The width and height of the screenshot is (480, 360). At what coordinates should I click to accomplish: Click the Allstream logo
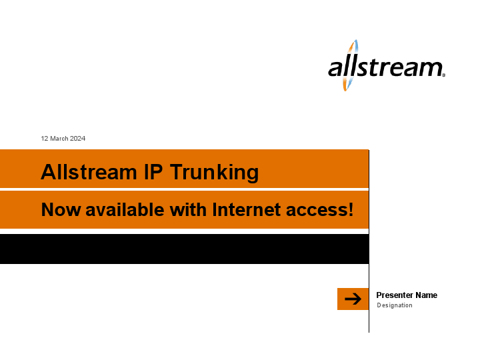tap(385, 67)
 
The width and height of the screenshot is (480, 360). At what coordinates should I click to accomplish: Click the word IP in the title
tap(153, 172)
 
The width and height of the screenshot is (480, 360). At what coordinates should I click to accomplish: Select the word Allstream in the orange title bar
tap(89, 172)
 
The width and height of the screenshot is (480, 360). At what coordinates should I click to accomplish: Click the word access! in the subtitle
tap(319, 209)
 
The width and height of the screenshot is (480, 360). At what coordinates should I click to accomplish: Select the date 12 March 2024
tap(63, 139)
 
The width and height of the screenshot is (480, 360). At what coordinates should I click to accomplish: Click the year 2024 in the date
tap(77, 139)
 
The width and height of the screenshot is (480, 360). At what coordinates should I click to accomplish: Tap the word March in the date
tap(59, 139)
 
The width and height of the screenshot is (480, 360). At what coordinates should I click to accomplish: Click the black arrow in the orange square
tap(353, 299)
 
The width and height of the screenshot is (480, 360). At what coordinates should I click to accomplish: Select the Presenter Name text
tap(407, 295)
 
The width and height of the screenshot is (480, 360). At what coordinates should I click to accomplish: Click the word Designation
tap(395, 305)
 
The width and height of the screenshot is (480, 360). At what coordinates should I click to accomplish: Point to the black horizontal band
tap(184, 249)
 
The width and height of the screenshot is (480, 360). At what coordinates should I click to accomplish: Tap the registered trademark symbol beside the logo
tap(443, 75)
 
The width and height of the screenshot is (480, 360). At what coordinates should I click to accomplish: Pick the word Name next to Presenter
tap(426, 295)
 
